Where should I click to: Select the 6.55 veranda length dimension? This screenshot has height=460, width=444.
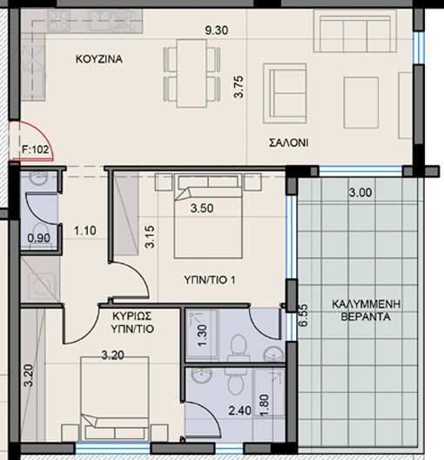point(303,315)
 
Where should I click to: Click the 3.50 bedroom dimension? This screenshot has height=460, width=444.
point(203,209)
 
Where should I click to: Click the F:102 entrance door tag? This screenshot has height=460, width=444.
point(36,149)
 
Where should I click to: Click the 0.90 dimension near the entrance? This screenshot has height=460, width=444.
point(37,237)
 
